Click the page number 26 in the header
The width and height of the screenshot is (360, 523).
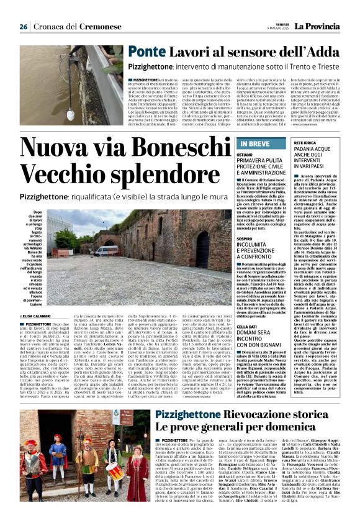(x=24, y=27)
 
